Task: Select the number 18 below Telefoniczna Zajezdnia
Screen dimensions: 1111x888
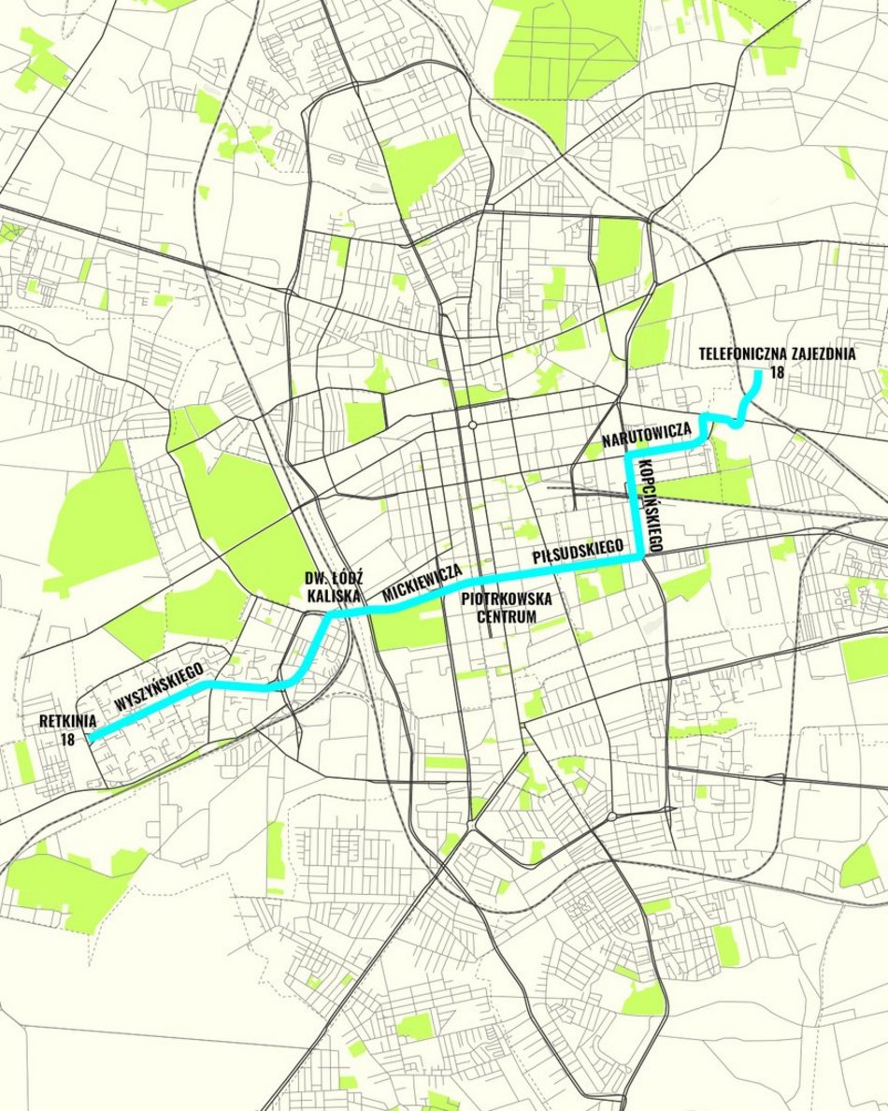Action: (x=776, y=372)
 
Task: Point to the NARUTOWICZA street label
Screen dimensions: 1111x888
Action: (x=647, y=437)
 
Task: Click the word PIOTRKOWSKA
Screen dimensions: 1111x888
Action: (x=508, y=599)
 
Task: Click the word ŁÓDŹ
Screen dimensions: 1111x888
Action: (x=337, y=578)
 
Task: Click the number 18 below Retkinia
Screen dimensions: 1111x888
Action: (x=66, y=739)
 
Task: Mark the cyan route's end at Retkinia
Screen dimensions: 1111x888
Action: (x=91, y=737)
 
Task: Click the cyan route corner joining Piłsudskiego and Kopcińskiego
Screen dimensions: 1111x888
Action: (x=640, y=557)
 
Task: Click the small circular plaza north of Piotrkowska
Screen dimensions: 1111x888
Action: (x=474, y=426)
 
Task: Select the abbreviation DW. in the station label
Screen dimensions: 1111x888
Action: (x=306, y=578)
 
